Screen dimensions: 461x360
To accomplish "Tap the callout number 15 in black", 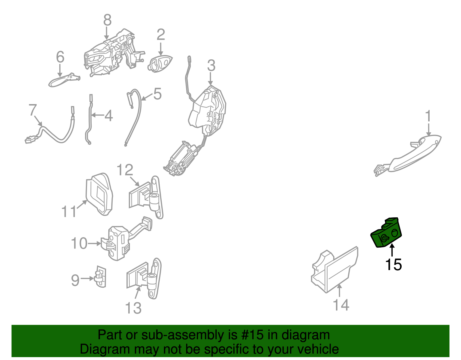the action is click(394, 265).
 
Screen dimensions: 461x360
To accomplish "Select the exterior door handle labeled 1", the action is click(407, 156).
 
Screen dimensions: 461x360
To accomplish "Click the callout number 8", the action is click(107, 20).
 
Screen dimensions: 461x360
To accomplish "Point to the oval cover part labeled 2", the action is click(160, 64).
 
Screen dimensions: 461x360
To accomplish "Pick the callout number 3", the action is click(211, 65).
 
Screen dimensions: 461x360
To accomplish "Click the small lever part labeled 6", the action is click(64, 80).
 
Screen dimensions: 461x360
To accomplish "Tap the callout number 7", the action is click(33, 110).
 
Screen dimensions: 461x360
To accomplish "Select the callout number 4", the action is click(109, 116).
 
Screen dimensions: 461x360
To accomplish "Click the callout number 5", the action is click(157, 94).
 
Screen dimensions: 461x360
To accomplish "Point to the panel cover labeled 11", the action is click(99, 194).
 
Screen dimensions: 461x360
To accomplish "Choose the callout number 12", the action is click(125, 170).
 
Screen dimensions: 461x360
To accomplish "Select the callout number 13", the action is click(133, 308).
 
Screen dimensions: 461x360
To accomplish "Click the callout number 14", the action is click(341, 305).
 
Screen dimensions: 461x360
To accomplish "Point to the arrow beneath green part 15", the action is click(392, 250).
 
